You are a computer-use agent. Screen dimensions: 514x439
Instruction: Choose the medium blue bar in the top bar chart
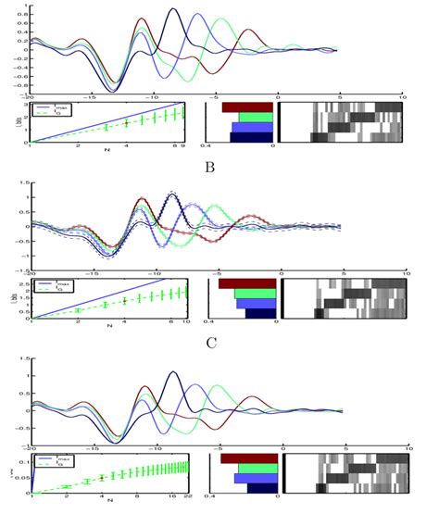click(251, 128)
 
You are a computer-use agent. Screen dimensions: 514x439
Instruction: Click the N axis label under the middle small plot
click(109, 328)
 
